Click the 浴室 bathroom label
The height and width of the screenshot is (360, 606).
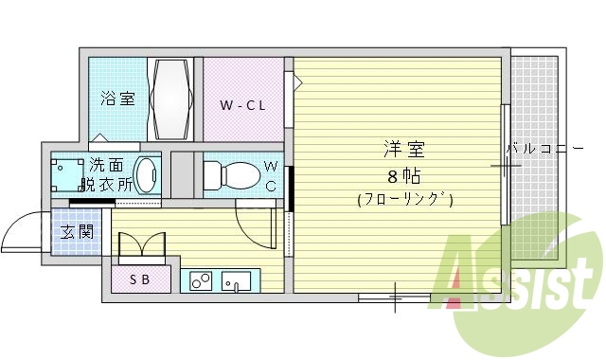(x=118, y=99)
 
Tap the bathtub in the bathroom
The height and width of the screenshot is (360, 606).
(x=171, y=99)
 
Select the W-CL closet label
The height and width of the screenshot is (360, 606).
(x=242, y=104)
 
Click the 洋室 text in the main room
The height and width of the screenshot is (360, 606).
(x=403, y=150)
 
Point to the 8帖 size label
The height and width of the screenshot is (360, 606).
(x=403, y=177)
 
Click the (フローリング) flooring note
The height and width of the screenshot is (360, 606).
(x=404, y=200)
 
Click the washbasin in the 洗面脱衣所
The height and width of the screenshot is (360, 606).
(x=147, y=175)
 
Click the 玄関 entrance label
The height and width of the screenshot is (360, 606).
(x=78, y=233)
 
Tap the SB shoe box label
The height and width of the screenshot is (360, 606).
(x=139, y=279)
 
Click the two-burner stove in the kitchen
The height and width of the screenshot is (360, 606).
(x=200, y=280)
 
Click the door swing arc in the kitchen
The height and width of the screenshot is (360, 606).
(x=254, y=224)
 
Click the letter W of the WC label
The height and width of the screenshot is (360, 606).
(x=270, y=170)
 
